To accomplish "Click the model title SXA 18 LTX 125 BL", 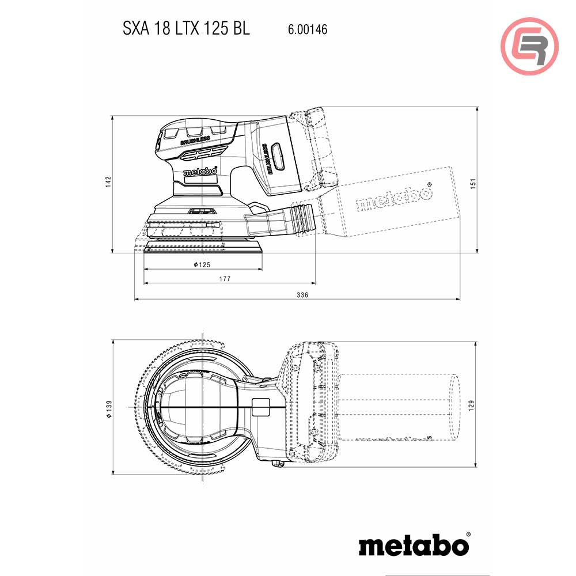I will (186, 29).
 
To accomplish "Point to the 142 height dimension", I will (108, 182).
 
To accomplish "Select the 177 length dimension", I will (225, 279).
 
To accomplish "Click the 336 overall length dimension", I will (303, 295).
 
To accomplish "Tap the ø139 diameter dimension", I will (108, 408).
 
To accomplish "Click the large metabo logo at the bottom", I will (414, 544).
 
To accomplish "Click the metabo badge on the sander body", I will (200, 172).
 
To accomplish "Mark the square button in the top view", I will (261, 407).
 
